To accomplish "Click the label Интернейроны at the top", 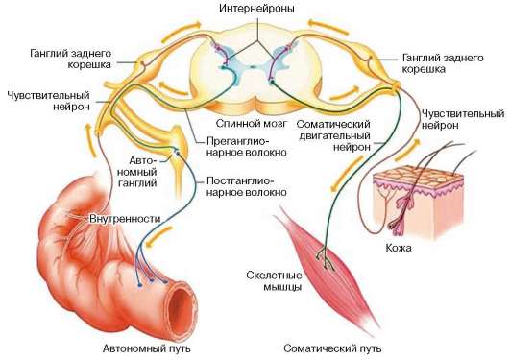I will pyautogui.click(x=255, y=9).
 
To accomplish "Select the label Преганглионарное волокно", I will pyautogui.click(x=236, y=145).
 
